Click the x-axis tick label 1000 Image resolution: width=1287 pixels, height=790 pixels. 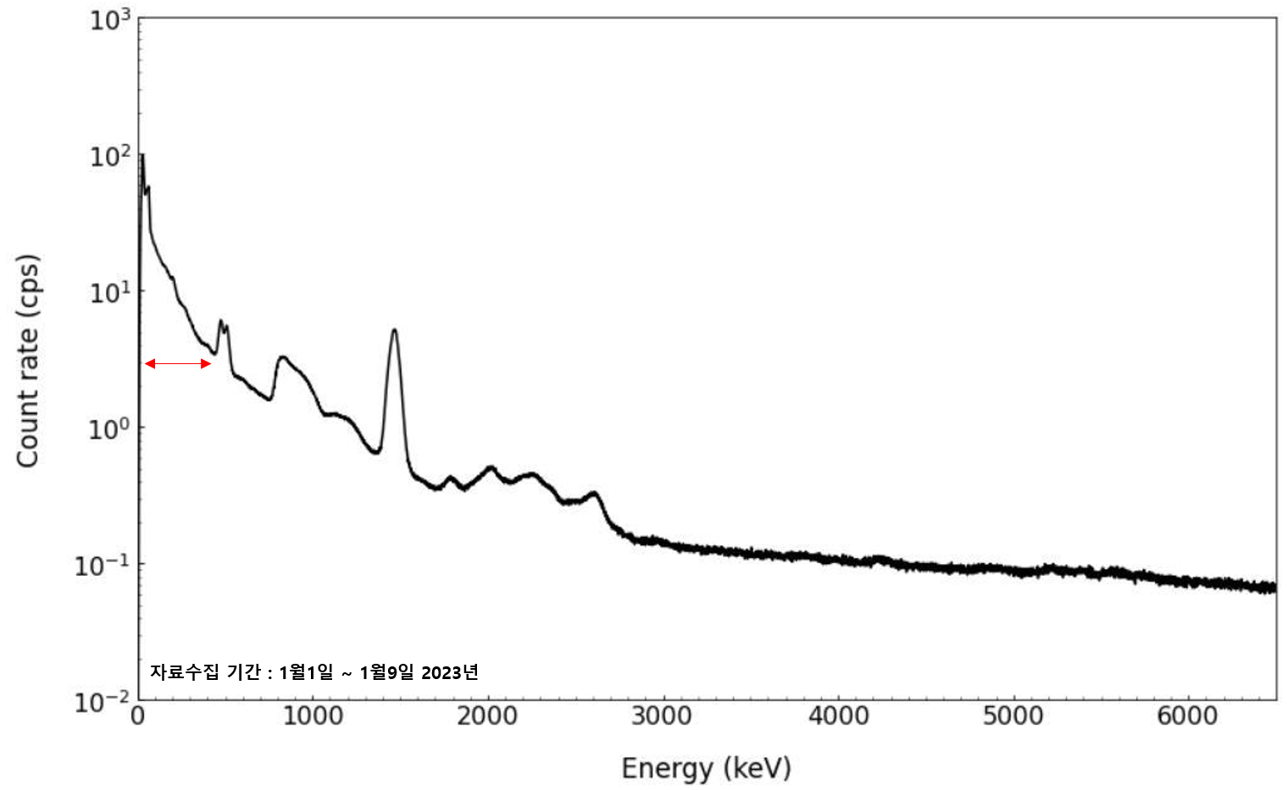tap(313, 716)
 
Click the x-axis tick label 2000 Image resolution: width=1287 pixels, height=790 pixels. tap(487, 716)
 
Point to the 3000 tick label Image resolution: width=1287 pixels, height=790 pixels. tap(662, 716)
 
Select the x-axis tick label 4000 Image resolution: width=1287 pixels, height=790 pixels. tap(838, 716)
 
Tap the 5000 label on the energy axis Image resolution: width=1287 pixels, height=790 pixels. tap(1012, 716)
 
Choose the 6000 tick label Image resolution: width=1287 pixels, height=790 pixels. tap(1187, 716)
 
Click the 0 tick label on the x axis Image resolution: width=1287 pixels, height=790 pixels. tap(138, 716)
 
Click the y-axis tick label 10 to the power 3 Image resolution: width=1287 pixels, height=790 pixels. tap(110, 19)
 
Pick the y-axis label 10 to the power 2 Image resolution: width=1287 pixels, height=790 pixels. tap(110, 156)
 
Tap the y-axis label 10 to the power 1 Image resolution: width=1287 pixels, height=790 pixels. tap(110, 292)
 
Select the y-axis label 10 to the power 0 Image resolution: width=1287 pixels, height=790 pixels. tap(110, 428)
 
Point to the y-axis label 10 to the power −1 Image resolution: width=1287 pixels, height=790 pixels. tap(103, 565)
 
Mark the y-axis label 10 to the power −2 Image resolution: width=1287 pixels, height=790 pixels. tap(103, 702)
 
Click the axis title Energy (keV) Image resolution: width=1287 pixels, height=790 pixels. tap(706, 768)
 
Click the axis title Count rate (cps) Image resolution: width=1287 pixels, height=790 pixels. tap(28, 360)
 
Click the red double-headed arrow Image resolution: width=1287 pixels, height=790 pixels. tap(178, 364)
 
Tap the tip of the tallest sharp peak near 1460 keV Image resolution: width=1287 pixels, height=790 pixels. tap(394, 329)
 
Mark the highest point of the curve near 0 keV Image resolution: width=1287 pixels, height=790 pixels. tap(142, 154)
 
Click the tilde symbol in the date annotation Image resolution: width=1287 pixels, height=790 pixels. tap(347, 674)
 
